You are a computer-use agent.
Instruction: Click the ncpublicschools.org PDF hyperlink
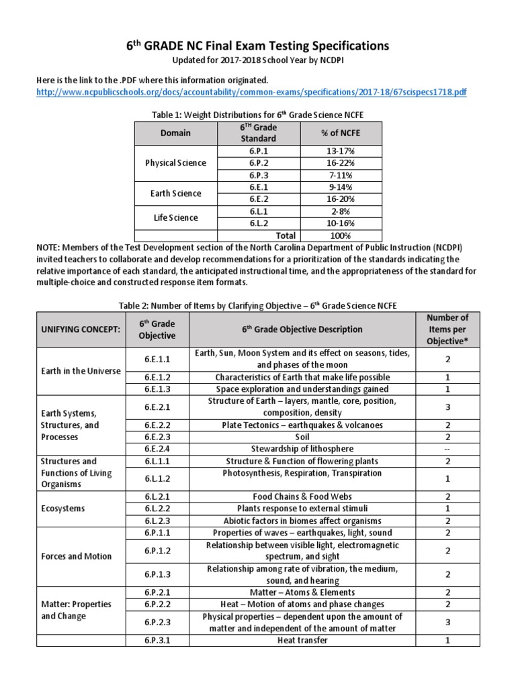point(251,92)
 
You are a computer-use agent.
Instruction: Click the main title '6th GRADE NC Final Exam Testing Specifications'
point(258,46)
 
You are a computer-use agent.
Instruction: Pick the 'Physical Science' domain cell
point(176,163)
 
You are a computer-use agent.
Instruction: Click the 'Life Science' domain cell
point(176,217)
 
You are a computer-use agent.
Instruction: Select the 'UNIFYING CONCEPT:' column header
point(81,329)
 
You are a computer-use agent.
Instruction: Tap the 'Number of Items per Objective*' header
point(447,329)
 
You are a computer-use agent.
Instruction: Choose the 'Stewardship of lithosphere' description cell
point(302,449)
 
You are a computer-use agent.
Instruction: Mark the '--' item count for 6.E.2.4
point(447,449)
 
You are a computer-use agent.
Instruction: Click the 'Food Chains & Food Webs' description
point(302,496)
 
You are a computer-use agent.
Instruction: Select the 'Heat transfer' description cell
point(302,640)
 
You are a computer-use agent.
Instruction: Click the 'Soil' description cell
point(302,437)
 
